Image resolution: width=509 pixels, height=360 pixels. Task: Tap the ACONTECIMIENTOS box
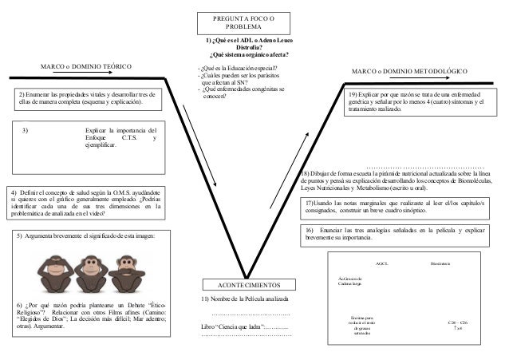coord(250,284)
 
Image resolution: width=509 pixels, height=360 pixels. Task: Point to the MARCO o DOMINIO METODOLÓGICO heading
coord(409,71)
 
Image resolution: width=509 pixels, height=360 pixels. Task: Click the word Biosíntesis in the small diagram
coord(440,263)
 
